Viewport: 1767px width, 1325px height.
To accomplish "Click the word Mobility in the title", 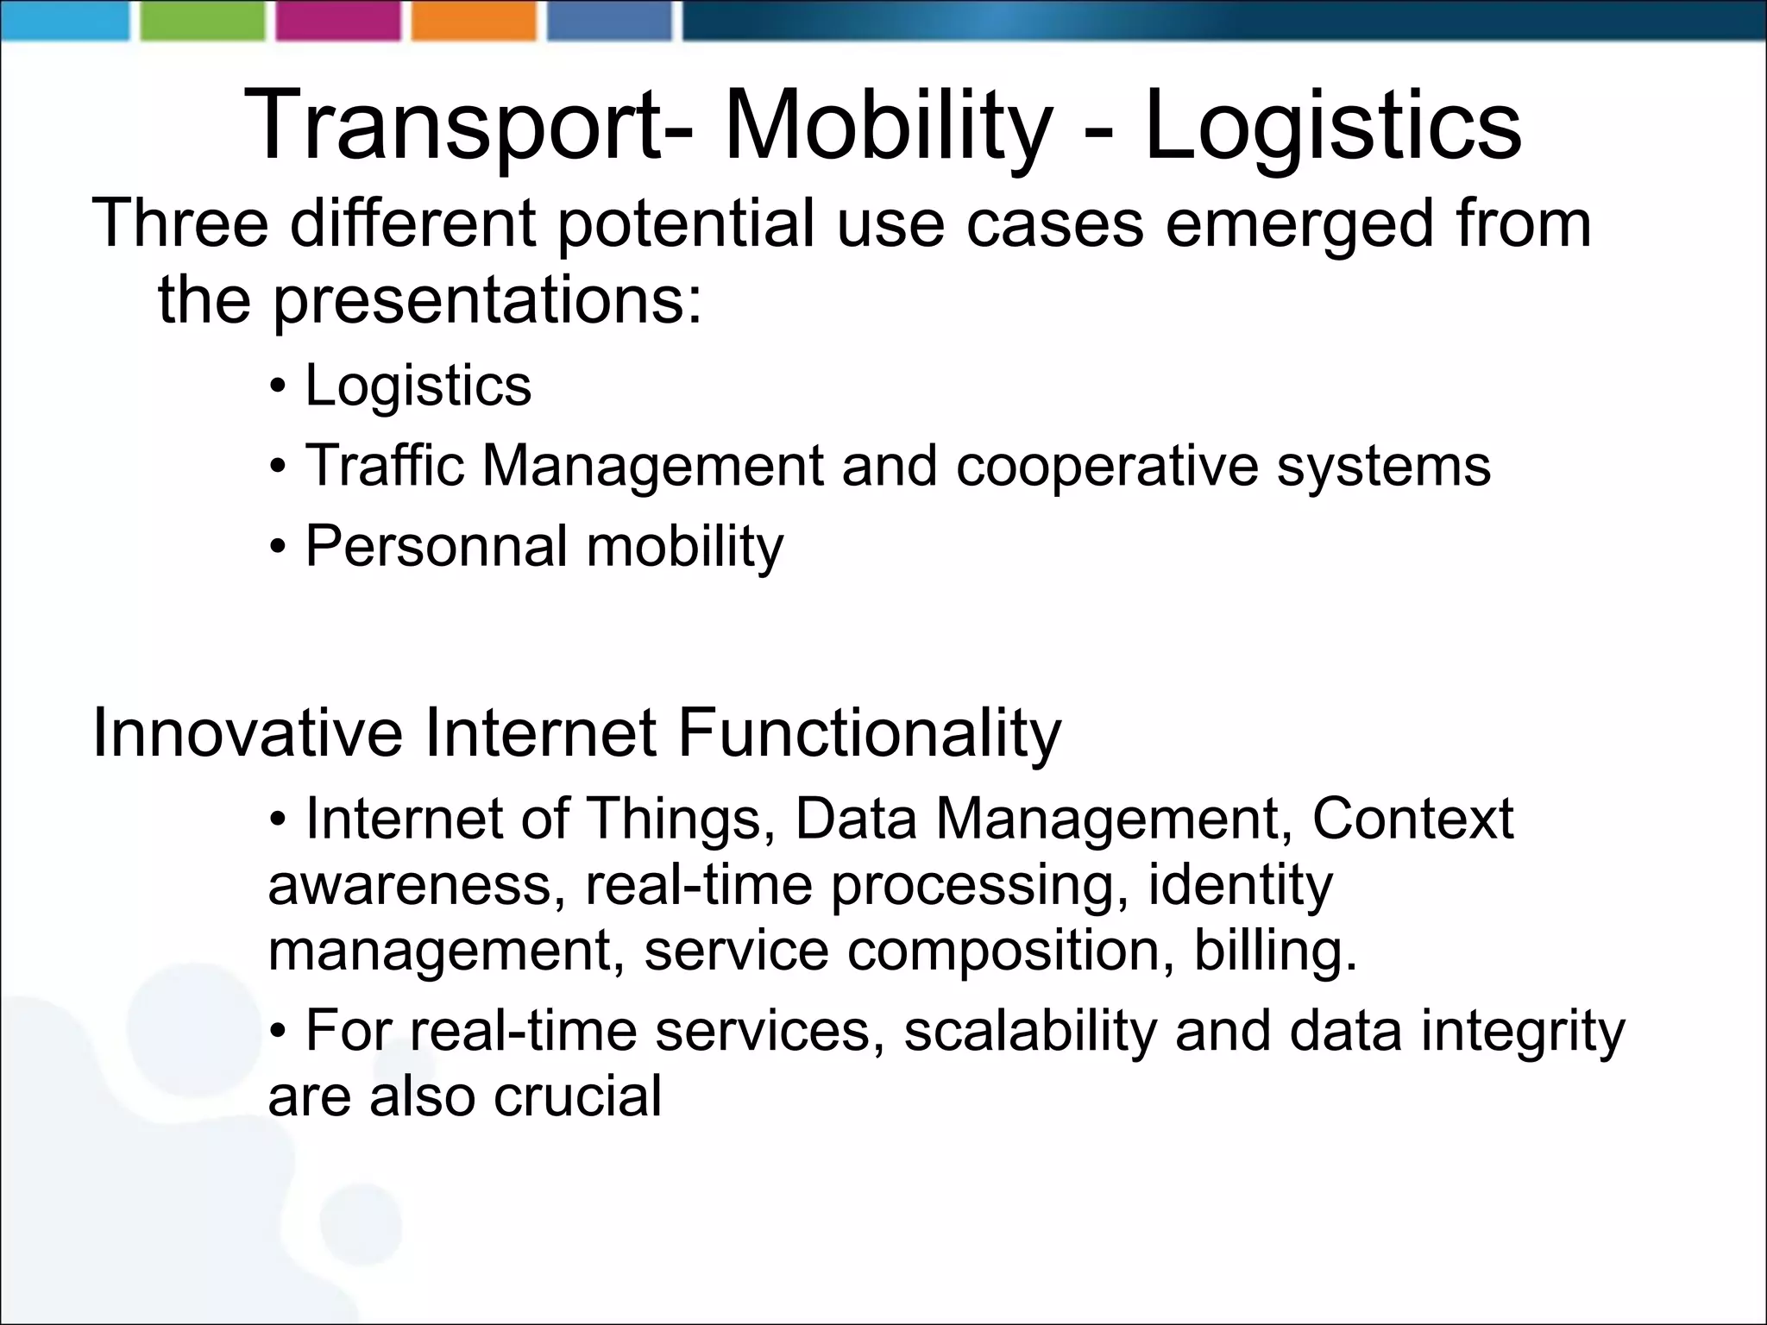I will coord(889,127).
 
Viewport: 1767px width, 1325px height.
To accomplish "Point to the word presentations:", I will coord(488,301).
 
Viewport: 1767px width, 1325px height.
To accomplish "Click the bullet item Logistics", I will coord(418,386).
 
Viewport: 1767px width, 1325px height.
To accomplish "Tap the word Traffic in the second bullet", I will coord(385,466).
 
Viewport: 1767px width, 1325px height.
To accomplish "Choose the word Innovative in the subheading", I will coord(248,733).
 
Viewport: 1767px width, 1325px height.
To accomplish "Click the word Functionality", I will coord(869,733).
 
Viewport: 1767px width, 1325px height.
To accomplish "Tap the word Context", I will coord(1412,818).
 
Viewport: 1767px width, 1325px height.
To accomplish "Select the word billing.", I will coord(1275,951).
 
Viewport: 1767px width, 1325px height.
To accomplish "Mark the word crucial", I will coord(577,1097).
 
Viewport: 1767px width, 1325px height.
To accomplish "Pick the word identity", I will coord(1240,885).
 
